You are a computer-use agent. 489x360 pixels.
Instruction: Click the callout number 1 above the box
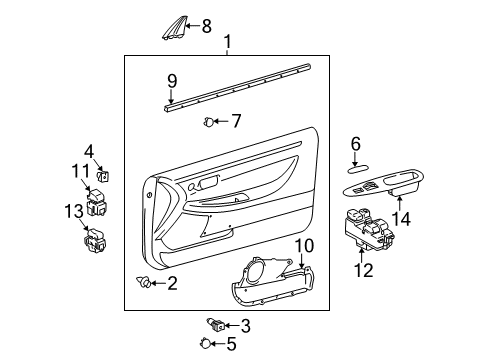point(228,43)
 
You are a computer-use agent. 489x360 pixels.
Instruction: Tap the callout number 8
point(207,26)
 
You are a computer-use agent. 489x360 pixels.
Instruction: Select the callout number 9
point(172,80)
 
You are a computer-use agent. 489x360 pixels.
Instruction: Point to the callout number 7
point(236,121)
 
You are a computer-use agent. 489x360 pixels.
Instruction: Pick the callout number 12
point(361,270)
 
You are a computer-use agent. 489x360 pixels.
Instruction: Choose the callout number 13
point(71,211)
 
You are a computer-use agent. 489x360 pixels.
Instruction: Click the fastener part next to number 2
point(146,284)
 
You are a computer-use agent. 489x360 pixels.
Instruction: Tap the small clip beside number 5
point(207,345)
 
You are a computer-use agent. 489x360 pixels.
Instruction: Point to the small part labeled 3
point(213,324)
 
